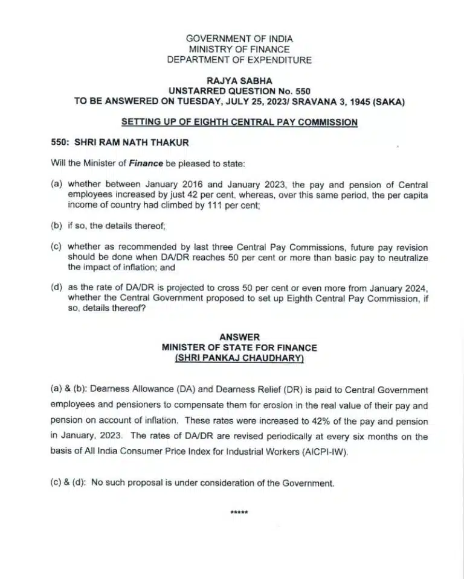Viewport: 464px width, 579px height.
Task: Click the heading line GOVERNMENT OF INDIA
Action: pos(239,38)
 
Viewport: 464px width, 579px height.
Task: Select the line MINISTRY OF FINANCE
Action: pos(239,49)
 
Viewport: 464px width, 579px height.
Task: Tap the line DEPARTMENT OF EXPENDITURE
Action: pos(239,60)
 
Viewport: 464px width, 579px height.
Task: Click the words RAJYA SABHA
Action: pos(239,80)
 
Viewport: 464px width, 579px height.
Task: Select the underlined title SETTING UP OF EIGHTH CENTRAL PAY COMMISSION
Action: pos(239,122)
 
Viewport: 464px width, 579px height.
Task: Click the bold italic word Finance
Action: pos(146,163)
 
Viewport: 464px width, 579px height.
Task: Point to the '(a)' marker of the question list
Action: pos(57,183)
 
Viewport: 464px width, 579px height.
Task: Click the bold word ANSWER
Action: pos(239,338)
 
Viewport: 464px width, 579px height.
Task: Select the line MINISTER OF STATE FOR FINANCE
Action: pos(239,348)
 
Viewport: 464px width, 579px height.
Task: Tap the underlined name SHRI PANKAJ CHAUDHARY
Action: pos(239,358)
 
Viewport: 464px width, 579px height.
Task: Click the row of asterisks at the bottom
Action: pos(239,513)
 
